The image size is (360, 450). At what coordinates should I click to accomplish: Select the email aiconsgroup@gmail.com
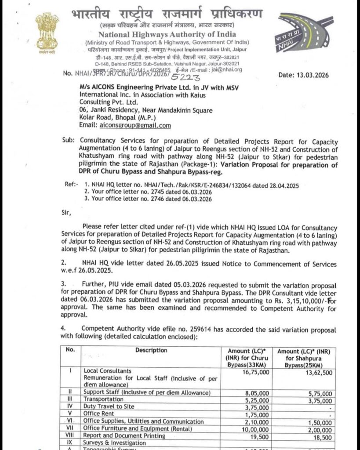(134, 125)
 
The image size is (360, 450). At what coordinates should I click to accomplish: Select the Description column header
(151, 350)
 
